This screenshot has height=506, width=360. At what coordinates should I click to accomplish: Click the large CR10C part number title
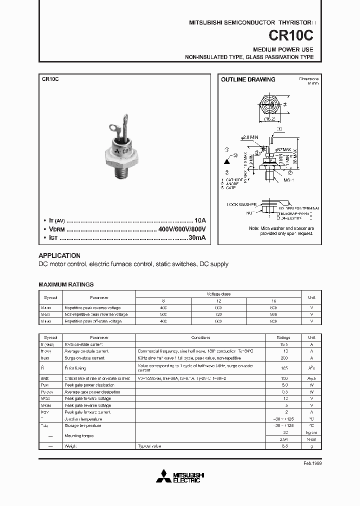297,35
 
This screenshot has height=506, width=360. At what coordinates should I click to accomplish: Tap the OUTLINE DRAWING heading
248,79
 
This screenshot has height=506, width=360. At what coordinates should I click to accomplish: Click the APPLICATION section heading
59,255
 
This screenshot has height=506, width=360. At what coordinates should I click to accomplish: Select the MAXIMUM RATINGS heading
66,284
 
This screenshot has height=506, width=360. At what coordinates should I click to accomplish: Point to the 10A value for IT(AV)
199,220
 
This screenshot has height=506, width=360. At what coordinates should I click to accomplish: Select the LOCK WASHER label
241,204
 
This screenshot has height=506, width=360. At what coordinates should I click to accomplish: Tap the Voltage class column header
219,294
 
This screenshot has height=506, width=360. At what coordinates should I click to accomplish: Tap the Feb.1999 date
312,463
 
